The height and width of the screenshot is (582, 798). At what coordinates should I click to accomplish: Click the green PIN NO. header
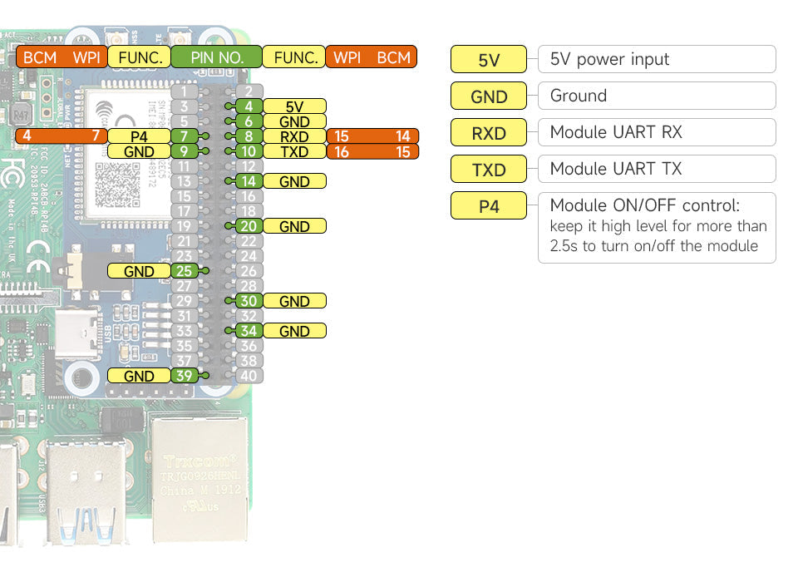(x=217, y=57)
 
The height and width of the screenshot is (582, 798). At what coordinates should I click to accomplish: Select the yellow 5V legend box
(x=489, y=60)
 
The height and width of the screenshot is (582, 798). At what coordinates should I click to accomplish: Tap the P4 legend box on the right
(x=489, y=205)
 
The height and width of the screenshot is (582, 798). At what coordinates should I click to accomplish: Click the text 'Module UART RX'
(x=616, y=132)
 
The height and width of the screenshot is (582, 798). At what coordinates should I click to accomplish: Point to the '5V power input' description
(x=609, y=59)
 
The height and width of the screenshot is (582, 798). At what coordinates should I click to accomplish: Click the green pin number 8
(x=249, y=136)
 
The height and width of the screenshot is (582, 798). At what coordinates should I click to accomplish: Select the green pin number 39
(x=184, y=376)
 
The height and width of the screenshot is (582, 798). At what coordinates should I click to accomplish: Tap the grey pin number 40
(x=249, y=376)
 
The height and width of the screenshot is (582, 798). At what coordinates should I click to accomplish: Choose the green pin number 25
(x=184, y=271)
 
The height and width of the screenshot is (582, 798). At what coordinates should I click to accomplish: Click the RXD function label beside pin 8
(x=294, y=136)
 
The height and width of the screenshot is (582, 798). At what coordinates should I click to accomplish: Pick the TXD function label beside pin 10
(x=294, y=151)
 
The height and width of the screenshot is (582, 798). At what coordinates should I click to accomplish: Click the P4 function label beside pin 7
(x=139, y=136)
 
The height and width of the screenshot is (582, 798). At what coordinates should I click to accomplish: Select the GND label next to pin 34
(x=294, y=331)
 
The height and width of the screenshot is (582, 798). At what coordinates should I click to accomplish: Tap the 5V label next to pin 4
(x=294, y=106)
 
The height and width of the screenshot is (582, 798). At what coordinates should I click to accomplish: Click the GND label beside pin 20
(x=294, y=226)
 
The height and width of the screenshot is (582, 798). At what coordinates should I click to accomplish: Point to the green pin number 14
(x=249, y=181)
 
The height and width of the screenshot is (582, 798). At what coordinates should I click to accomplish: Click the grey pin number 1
(x=184, y=91)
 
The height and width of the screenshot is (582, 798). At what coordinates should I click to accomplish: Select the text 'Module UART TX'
(x=616, y=169)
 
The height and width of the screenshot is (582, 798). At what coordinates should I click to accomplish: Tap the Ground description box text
(x=579, y=96)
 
